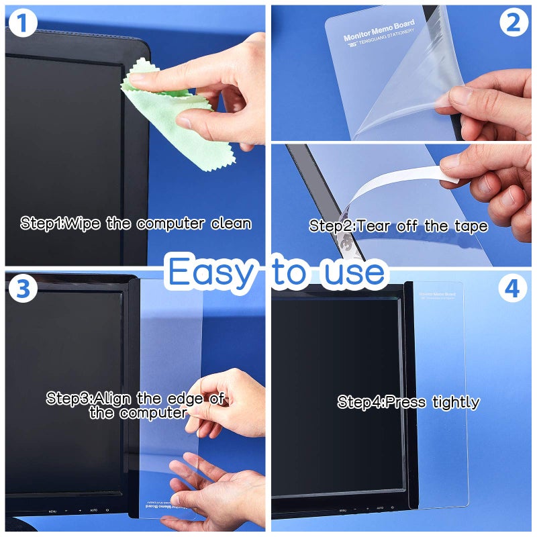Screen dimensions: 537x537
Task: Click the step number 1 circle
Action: (23, 24)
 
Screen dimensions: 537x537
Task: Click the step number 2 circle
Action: (514, 23)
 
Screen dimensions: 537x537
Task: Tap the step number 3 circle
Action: (23, 289)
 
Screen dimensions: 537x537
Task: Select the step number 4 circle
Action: (513, 289)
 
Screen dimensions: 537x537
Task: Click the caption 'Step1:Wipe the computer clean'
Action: (136, 224)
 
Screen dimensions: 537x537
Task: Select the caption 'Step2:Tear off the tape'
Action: (398, 226)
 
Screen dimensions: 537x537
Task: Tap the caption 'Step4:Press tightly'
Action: (408, 403)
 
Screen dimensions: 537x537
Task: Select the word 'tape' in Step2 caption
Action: (470, 226)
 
